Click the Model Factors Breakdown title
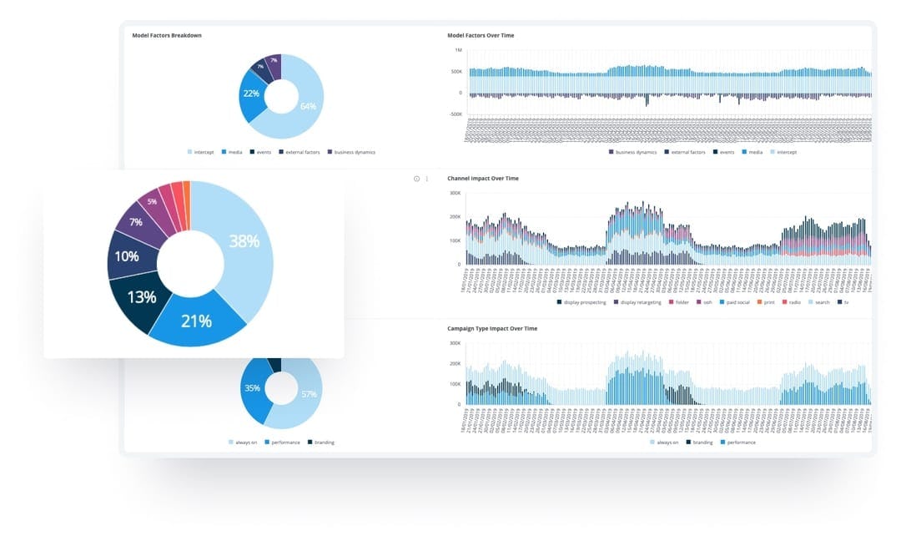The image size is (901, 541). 167,35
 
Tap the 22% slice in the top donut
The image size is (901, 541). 251,94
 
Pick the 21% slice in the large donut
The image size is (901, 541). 197,320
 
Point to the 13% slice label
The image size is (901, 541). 142,296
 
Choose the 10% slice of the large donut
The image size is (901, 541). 127,257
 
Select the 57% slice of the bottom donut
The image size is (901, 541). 309,394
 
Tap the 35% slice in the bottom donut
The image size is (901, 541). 253,388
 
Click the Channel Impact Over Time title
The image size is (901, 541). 483,179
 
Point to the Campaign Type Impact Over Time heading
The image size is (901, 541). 492,329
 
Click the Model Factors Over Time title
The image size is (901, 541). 481,35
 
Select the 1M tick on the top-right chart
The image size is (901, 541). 458,51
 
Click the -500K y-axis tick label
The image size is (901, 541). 456,114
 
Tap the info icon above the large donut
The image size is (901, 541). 416,179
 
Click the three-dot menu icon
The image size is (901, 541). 427,179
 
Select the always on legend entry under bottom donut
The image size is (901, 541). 245,442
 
